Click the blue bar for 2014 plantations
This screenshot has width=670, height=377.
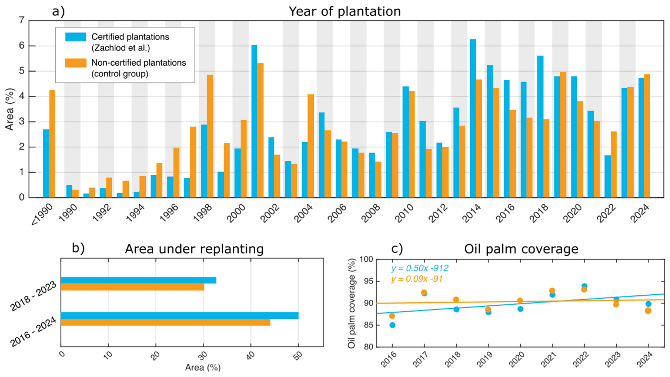(473, 118)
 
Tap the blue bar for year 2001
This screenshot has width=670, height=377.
(254, 121)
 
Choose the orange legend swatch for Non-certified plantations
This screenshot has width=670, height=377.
(76, 63)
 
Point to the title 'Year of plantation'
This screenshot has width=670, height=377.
(345, 11)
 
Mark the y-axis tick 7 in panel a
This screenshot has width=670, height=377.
(22, 20)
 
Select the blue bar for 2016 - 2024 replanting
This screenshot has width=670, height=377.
(180, 315)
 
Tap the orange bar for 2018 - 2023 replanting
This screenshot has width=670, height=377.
(132, 287)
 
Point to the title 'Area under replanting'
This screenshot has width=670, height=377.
(194, 249)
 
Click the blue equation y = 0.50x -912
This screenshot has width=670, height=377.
(420, 268)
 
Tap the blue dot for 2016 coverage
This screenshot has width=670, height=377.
(392, 325)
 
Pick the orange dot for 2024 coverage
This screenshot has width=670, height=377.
(648, 311)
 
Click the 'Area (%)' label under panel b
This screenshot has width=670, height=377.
(203, 367)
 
